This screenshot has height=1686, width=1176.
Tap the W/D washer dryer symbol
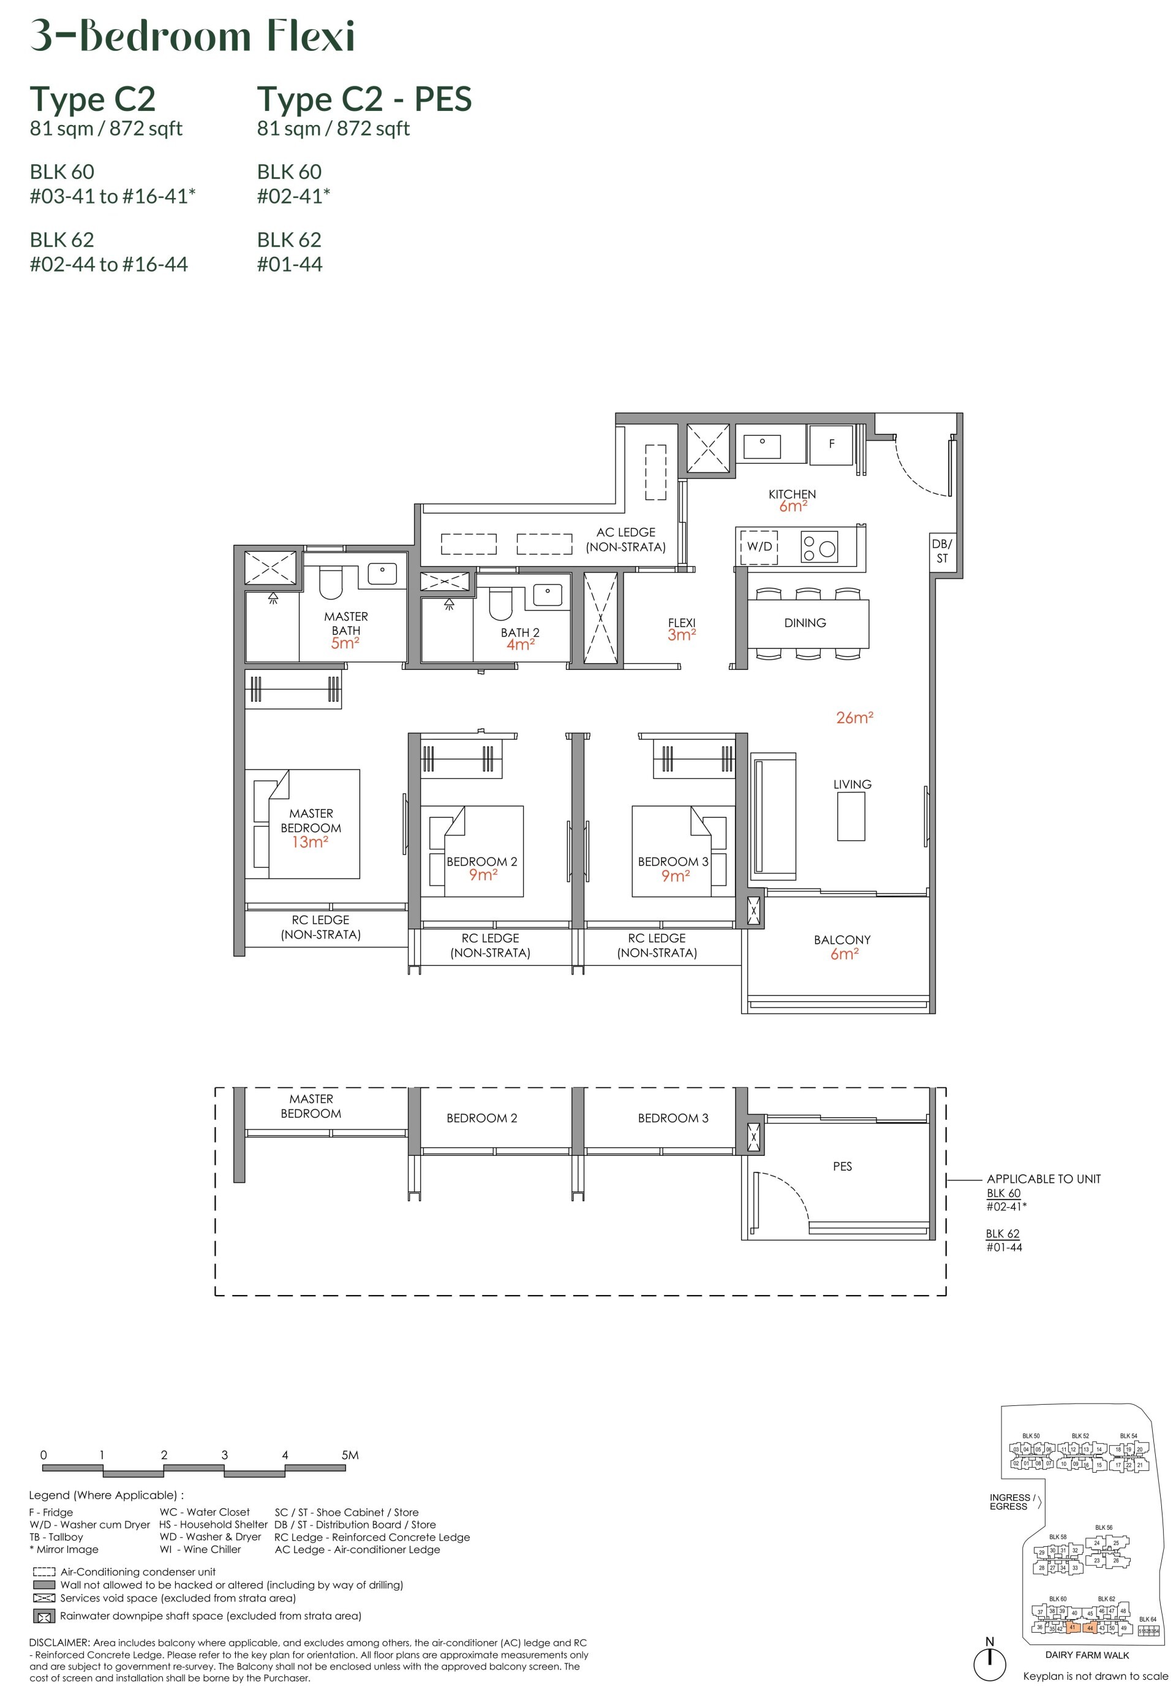click(x=759, y=546)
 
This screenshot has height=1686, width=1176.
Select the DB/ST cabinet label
click(x=942, y=551)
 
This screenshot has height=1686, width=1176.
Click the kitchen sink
click(x=762, y=446)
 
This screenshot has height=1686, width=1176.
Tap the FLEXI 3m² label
click(x=681, y=629)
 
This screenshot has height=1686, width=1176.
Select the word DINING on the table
click(x=805, y=623)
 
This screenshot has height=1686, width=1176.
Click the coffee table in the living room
click(x=851, y=816)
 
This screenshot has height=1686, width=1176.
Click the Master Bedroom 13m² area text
click(x=310, y=842)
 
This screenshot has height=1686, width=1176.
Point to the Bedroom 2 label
click(x=481, y=861)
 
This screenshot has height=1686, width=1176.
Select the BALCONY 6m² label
click(x=842, y=946)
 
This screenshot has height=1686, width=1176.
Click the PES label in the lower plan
click(x=842, y=1166)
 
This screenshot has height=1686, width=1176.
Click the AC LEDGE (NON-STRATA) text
click(x=625, y=539)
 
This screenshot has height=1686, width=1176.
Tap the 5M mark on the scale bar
click(x=350, y=1455)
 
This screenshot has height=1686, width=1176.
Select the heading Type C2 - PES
click(x=364, y=99)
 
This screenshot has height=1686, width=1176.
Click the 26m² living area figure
click(x=854, y=718)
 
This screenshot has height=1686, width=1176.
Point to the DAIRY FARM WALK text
click(x=1087, y=1655)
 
